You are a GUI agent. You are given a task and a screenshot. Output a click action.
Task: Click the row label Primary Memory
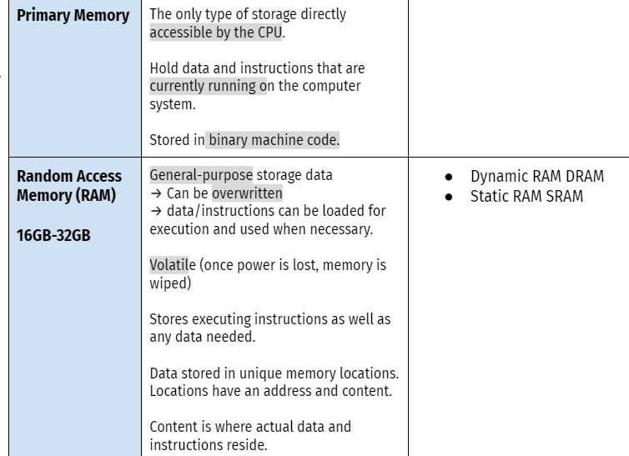coord(73,16)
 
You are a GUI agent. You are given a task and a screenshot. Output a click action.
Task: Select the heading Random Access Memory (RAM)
coord(69,186)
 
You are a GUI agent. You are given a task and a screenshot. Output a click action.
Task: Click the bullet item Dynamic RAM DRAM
coord(536,177)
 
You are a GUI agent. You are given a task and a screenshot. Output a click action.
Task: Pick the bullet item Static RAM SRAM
coord(526,197)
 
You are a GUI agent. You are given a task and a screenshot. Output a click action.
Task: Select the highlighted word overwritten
coord(247,193)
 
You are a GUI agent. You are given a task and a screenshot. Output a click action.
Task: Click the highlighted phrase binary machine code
coord(274,140)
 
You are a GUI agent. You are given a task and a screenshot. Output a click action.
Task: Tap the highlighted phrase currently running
coord(208,85)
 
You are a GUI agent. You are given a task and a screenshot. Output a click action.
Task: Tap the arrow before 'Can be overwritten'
coord(156,193)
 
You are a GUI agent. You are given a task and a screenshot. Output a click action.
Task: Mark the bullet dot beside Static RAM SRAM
coord(450,198)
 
